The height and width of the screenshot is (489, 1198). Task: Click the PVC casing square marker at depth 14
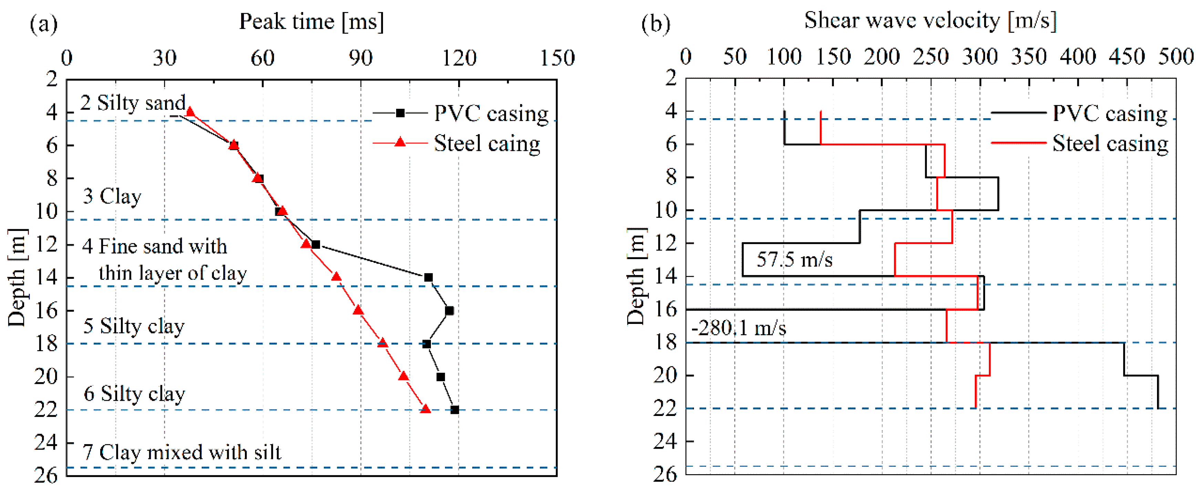[x=428, y=278]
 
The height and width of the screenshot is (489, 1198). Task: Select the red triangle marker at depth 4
[x=190, y=112]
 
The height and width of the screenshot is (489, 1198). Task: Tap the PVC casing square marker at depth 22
[x=455, y=410]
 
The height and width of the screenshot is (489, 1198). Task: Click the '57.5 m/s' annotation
[x=794, y=259]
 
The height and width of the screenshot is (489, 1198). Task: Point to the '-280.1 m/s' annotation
[x=739, y=328]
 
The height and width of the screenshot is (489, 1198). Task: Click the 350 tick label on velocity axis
[x=1029, y=57]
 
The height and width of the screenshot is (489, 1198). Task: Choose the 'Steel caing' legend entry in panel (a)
[x=486, y=143]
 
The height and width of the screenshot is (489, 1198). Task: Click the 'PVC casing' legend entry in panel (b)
[x=1109, y=113]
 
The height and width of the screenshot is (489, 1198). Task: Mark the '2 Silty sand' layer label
[x=133, y=103]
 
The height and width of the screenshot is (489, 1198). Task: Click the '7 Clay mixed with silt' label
[x=182, y=452]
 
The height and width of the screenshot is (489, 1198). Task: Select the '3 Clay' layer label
[x=112, y=196]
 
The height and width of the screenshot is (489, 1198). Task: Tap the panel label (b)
[x=656, y=23]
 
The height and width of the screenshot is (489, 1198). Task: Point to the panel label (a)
[x=44, y=23]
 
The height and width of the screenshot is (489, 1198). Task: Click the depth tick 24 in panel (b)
[x=665, y=441]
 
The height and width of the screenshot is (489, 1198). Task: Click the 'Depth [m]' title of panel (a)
[x=17, y=278]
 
